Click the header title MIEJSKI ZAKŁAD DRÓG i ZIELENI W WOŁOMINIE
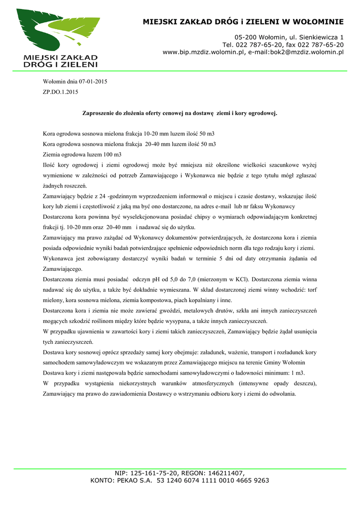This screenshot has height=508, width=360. (x=243, y=22)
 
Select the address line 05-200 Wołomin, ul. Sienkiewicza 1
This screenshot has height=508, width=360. (x=289, y=38)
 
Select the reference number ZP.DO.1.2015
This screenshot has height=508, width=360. (x=61, y=92)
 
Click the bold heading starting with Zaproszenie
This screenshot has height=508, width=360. (x=179, y=113)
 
